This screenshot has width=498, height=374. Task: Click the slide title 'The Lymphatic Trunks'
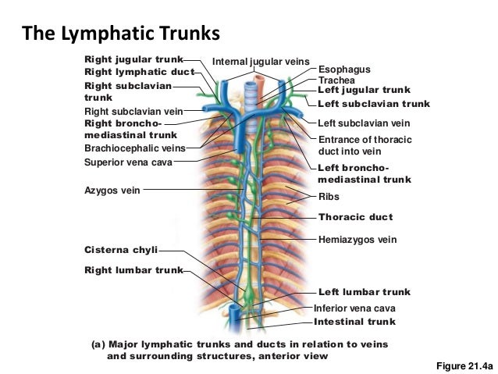coord(121,34)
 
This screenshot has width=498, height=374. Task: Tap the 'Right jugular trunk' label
coord(133,59)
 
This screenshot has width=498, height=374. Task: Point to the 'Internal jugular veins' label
coord(261,61)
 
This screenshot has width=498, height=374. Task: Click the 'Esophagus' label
coord(344,70)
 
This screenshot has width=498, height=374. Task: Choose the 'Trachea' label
coord(336,80)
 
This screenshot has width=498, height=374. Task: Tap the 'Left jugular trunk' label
coord(364,91)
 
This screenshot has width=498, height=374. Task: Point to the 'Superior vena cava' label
coord(128,162)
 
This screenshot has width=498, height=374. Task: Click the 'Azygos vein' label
coord(112,189)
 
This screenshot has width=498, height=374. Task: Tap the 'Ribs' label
coord(330,198)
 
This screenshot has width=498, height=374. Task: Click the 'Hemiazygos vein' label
coord(357,240)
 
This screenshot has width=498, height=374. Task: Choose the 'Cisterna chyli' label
coord(120,250)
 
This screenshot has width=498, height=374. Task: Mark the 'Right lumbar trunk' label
coord(133,271)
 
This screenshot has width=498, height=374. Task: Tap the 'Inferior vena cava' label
coord(354,308)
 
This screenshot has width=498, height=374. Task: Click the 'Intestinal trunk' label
coord(354,321)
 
